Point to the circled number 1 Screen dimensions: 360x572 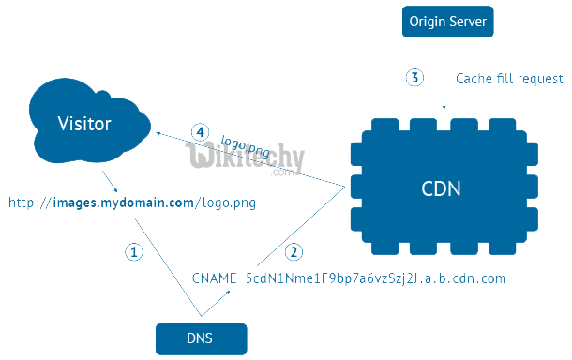coord(134,251)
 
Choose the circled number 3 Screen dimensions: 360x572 coord(414,78)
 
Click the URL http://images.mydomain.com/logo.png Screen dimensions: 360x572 coord(132,202)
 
